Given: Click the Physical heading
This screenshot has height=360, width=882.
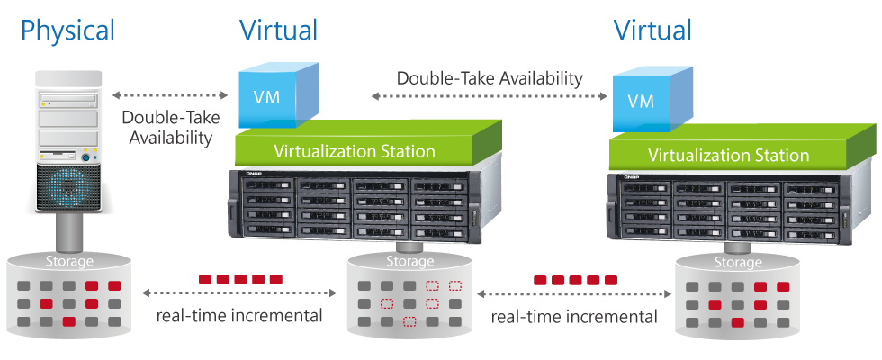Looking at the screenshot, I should pos(67,31).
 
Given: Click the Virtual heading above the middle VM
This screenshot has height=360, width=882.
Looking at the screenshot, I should pos(278,31).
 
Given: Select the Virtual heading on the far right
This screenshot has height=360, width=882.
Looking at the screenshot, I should pos(652,31).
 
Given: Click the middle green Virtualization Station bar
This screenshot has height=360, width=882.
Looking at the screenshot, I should pos(355,150).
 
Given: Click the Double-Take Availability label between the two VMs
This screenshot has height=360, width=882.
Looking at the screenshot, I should pos(490,77).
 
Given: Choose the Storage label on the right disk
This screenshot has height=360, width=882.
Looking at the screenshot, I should pos(737,264).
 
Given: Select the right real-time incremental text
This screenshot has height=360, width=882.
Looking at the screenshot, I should pos(574,317).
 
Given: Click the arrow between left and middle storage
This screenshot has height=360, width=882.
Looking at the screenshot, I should pos(238,293).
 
